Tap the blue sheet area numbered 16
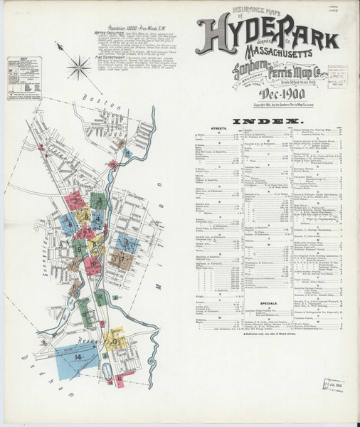(127, 243)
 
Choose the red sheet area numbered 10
(93, 265)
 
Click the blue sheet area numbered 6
(70, 223)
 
